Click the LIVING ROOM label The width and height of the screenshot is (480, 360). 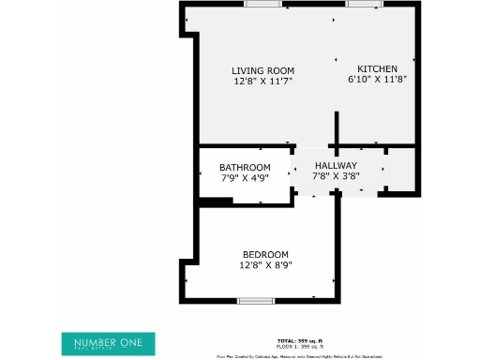[263, 70]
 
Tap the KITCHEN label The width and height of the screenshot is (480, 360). [378, 68]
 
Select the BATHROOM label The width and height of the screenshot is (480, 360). [245, 168]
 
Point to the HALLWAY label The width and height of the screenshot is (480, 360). [336, 166]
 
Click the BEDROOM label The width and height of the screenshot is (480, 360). [265, 255]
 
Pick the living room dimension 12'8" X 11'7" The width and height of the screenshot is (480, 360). [263, 82]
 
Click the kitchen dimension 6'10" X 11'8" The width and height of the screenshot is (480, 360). [378, 81]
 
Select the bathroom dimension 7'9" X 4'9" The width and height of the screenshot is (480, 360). [245, 178]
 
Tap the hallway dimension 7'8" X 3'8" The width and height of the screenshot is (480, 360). [336, 176]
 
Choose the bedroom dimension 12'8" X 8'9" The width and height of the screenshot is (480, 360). [265, 265]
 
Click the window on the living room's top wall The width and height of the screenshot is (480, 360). [262, 4]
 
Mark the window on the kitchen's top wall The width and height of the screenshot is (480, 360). [362, 4]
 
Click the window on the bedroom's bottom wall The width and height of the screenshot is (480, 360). [255, 301]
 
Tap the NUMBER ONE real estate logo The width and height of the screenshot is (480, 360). [108, 344]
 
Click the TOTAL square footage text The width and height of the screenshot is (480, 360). [299, 339]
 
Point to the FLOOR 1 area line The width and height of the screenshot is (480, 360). [299, 346]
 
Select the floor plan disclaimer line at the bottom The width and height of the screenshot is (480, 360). [299, 356]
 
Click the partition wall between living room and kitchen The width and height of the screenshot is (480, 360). [337, 127]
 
